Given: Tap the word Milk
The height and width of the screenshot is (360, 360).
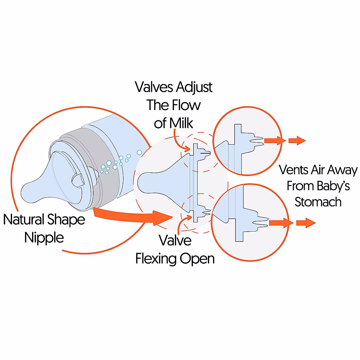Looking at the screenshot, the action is coord(181,123).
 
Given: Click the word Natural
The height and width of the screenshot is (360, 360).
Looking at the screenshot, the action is coord(23,220).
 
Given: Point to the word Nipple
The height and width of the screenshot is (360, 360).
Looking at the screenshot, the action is coord(44,238).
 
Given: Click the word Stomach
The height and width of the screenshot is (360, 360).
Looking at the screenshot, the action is coord(318,202).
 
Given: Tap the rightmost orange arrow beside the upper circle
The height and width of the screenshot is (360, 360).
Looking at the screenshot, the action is coord(297,140).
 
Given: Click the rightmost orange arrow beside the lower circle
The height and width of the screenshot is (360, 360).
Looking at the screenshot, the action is coord(306,223).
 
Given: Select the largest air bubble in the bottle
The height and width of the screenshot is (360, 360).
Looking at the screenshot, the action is coord(139,153).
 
